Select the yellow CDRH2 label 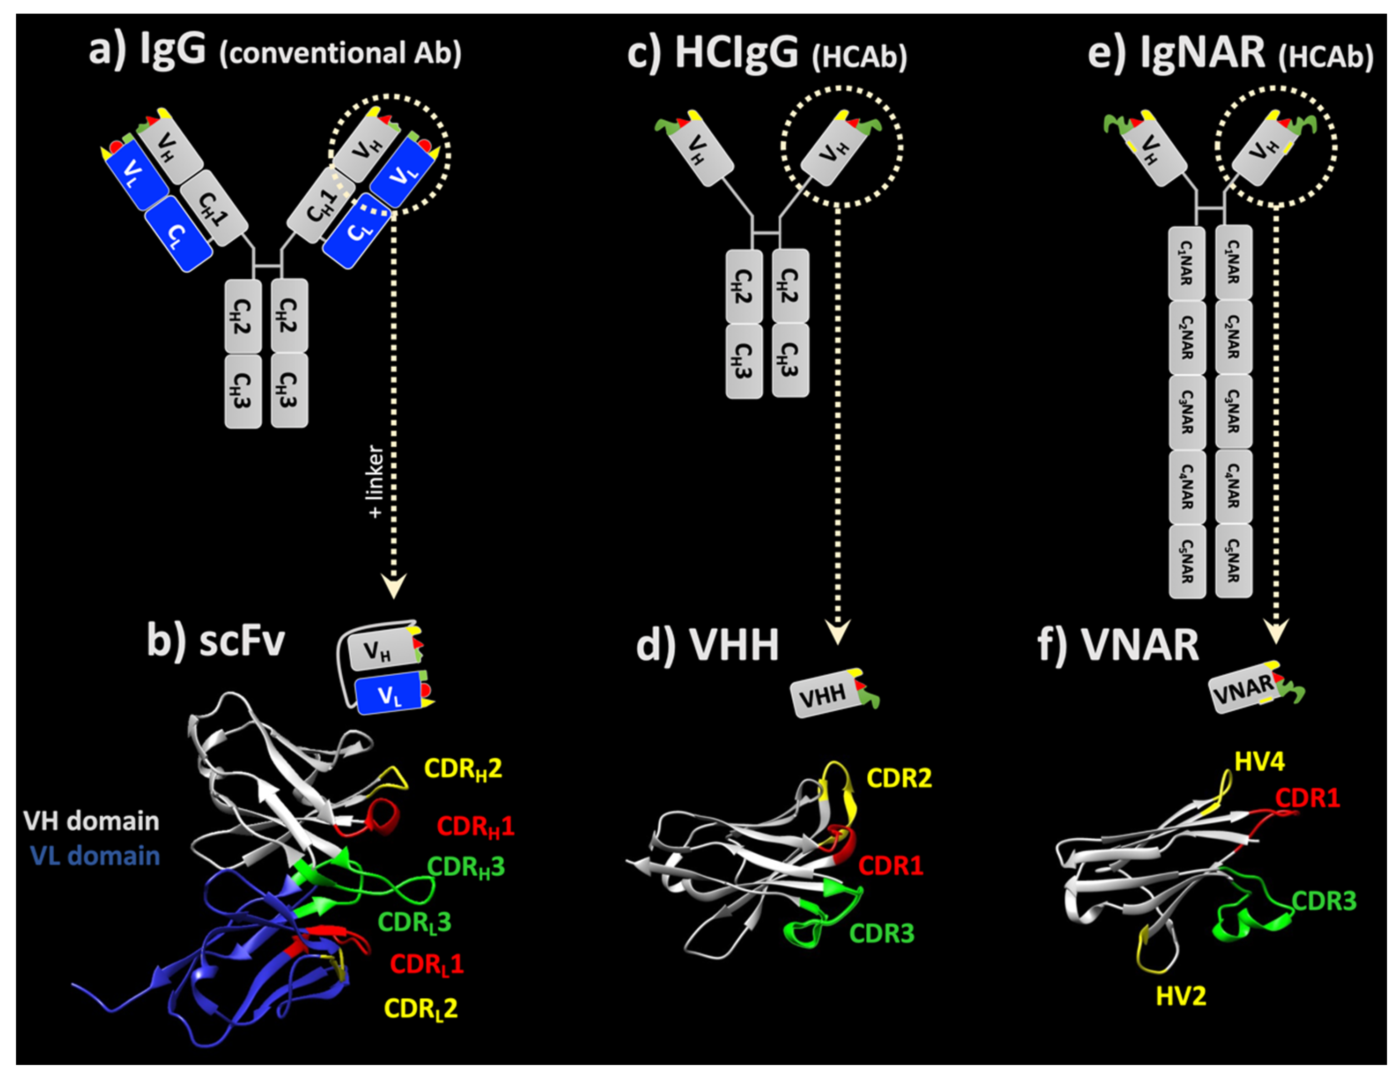pyautogui.click(x=463, y=768)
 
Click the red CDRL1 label pyautogui.click(x=426, y=964)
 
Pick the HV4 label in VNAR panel pyautogui.click(x=1259, y=762)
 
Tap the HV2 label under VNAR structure pyautogui.click(x=1181, y=996)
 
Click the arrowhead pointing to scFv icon pyautogui.click(x=394, y=586)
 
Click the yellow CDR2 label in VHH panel pyautogui.click(x=899, y=778)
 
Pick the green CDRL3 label pyautogui.click(x=415, y=922)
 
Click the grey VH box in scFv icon pyautogui.click(x=378, y=652)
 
